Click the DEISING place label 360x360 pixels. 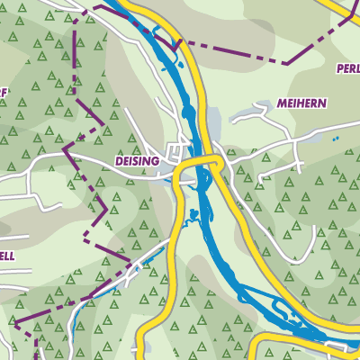point(137,159)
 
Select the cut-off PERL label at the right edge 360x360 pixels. point(347,68)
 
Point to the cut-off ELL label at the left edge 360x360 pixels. point(6,256)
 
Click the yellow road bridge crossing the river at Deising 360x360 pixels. point(200,162)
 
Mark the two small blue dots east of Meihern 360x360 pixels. point(334,139)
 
